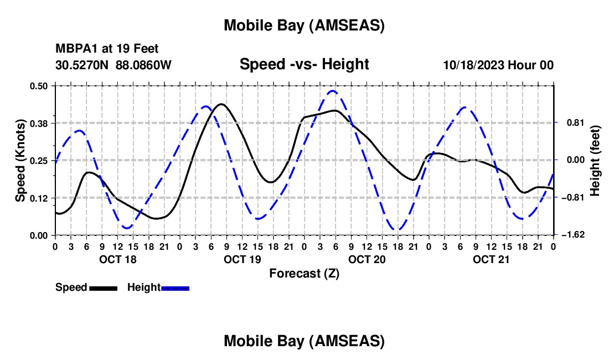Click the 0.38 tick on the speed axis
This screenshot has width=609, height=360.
40,123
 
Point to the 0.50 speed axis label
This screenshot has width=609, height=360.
40,86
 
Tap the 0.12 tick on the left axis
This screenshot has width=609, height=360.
40,198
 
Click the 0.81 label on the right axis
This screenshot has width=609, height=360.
572,123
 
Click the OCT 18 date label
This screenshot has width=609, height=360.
117,259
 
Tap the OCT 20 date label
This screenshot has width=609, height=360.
367,259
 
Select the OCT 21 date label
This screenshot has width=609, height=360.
491,259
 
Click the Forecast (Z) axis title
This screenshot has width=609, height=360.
304,273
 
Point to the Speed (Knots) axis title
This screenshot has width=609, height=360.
20,161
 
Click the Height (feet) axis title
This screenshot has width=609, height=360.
595,161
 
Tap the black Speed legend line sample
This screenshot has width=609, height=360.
103,287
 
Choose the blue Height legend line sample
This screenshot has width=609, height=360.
176,287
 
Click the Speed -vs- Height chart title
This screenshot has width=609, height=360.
304,64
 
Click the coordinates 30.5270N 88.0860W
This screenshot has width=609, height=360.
113,65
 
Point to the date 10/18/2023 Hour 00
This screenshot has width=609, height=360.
498,65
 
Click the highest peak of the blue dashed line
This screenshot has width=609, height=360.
332,91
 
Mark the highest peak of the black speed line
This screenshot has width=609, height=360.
221,104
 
